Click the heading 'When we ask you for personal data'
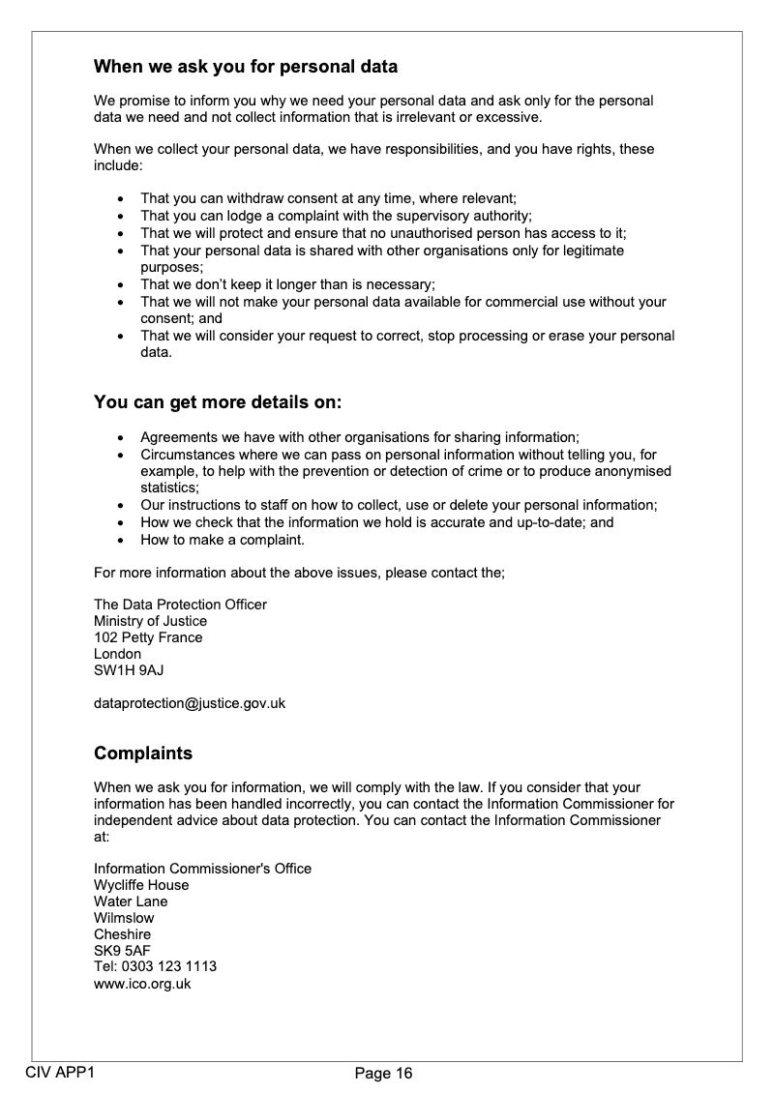(x=246, y=68)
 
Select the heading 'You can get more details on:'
(x=218, y=401)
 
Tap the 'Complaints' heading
(x=143, y=753)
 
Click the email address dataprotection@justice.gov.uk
(x=190, y=703)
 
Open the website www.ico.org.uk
(x=142, y=984)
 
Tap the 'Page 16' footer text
(x=384, y=1073)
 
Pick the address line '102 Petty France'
(x=148, y=637)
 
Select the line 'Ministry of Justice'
(x=150, y=621)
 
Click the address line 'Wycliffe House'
(x=141, y=885)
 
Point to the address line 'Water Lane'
(x=131, y=901)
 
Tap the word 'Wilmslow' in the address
(x=124, y=918)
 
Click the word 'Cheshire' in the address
(x=122, y=934)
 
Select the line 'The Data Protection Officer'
(x=180, y=605)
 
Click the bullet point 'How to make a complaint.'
(x=223, y=540)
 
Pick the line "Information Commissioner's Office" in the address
(x=202, y=869)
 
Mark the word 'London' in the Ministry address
(x=117, y=654)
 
